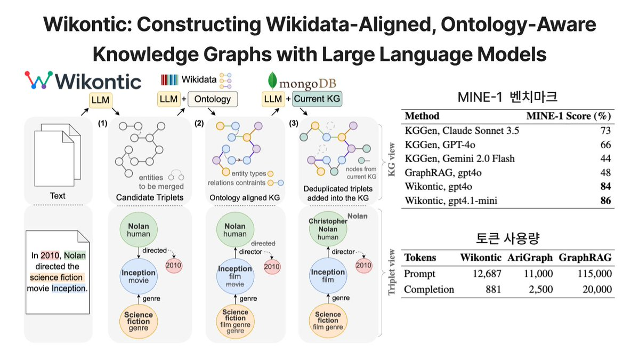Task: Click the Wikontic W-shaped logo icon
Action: point(39,80)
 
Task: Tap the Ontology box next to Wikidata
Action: point(212,99)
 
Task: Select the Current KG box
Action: point(317,99)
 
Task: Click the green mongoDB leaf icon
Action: point(272,81)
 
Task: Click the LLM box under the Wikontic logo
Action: point(100,100)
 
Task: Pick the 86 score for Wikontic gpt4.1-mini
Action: point(605,201)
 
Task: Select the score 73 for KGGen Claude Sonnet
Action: point(605,131)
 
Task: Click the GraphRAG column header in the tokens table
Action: point(585,258)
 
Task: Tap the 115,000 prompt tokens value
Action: point(595,274)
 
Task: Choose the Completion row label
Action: point(428,290)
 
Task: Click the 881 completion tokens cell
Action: point(493,290)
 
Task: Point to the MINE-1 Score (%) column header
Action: point(569,116)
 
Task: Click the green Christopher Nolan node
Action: point(328,229)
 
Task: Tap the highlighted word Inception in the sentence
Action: point(69,288)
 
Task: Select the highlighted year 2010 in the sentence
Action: point(50,255)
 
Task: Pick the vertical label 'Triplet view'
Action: point(392,272)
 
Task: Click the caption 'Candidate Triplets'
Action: point(150,198)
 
